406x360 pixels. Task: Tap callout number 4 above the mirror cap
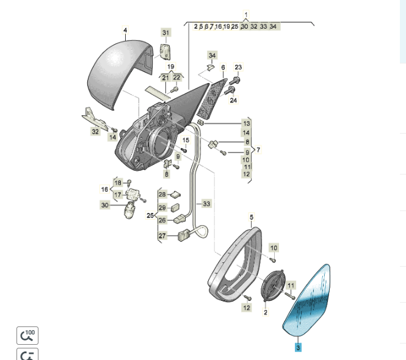[x=125, y=29]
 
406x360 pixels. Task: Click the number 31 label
[x=166, y=32]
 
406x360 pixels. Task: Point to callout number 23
[x=238, y=67]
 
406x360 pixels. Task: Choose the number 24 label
[x=233, y=100]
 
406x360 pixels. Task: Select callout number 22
[x=177, y=77]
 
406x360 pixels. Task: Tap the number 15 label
[x=186, y=141]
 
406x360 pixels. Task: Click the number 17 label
[x=118, y=195]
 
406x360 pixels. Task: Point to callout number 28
[x=162, y=195]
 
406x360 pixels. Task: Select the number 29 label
[x=162, y=207]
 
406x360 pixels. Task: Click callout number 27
[x=162, y=236]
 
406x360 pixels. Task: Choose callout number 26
[x=162, y=220]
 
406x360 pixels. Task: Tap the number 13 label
[x=246, y=123]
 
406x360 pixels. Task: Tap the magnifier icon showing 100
[x=27, y=334]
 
